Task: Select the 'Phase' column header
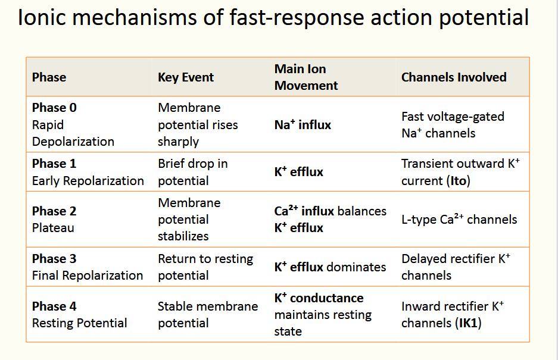coord(49,77)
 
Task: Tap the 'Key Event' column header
coord(186,77)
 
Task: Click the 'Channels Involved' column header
coord(454,77)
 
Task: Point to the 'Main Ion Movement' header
coord(306,77)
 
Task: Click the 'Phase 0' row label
coord(54,108)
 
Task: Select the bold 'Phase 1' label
coord(54,164)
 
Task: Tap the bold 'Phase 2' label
coord(54,211)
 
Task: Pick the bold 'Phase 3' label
coord(54,259)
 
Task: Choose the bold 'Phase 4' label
coord(54,306)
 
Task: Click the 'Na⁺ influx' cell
coord(303,125)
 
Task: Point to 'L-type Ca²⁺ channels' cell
coord(459,220)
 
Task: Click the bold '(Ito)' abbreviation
coord(458,180)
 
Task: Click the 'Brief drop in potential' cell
coord(192,172)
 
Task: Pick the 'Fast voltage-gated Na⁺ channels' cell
coord(453,125)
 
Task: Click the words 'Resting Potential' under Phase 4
coord(80,323)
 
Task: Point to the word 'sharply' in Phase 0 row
coord(179,142)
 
